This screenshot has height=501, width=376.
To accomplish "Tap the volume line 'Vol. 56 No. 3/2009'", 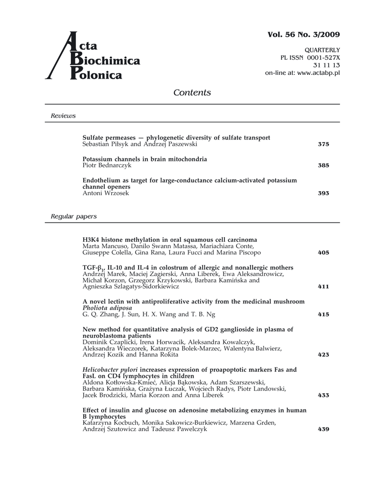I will tap(304, 34).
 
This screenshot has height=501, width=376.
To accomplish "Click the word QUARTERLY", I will tap(322, 50).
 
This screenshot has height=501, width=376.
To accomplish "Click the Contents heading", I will tap(192, 93).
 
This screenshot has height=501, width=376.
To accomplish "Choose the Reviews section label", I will tap(63, 116).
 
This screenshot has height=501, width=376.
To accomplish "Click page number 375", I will tap(323, 144).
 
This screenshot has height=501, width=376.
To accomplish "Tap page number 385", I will tap(323, 165).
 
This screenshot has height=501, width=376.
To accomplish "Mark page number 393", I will tap(323, 193).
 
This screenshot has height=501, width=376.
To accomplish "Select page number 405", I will tap(323, 253).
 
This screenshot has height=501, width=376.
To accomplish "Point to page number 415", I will tap(323, 315).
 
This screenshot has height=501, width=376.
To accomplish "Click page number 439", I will tap(323, 429).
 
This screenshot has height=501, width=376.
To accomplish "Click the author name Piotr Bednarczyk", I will tap(107, 165).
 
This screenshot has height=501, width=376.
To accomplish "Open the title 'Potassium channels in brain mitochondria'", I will tap(144, 159).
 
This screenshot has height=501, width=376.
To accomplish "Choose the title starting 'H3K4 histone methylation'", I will tap(169, 240).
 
